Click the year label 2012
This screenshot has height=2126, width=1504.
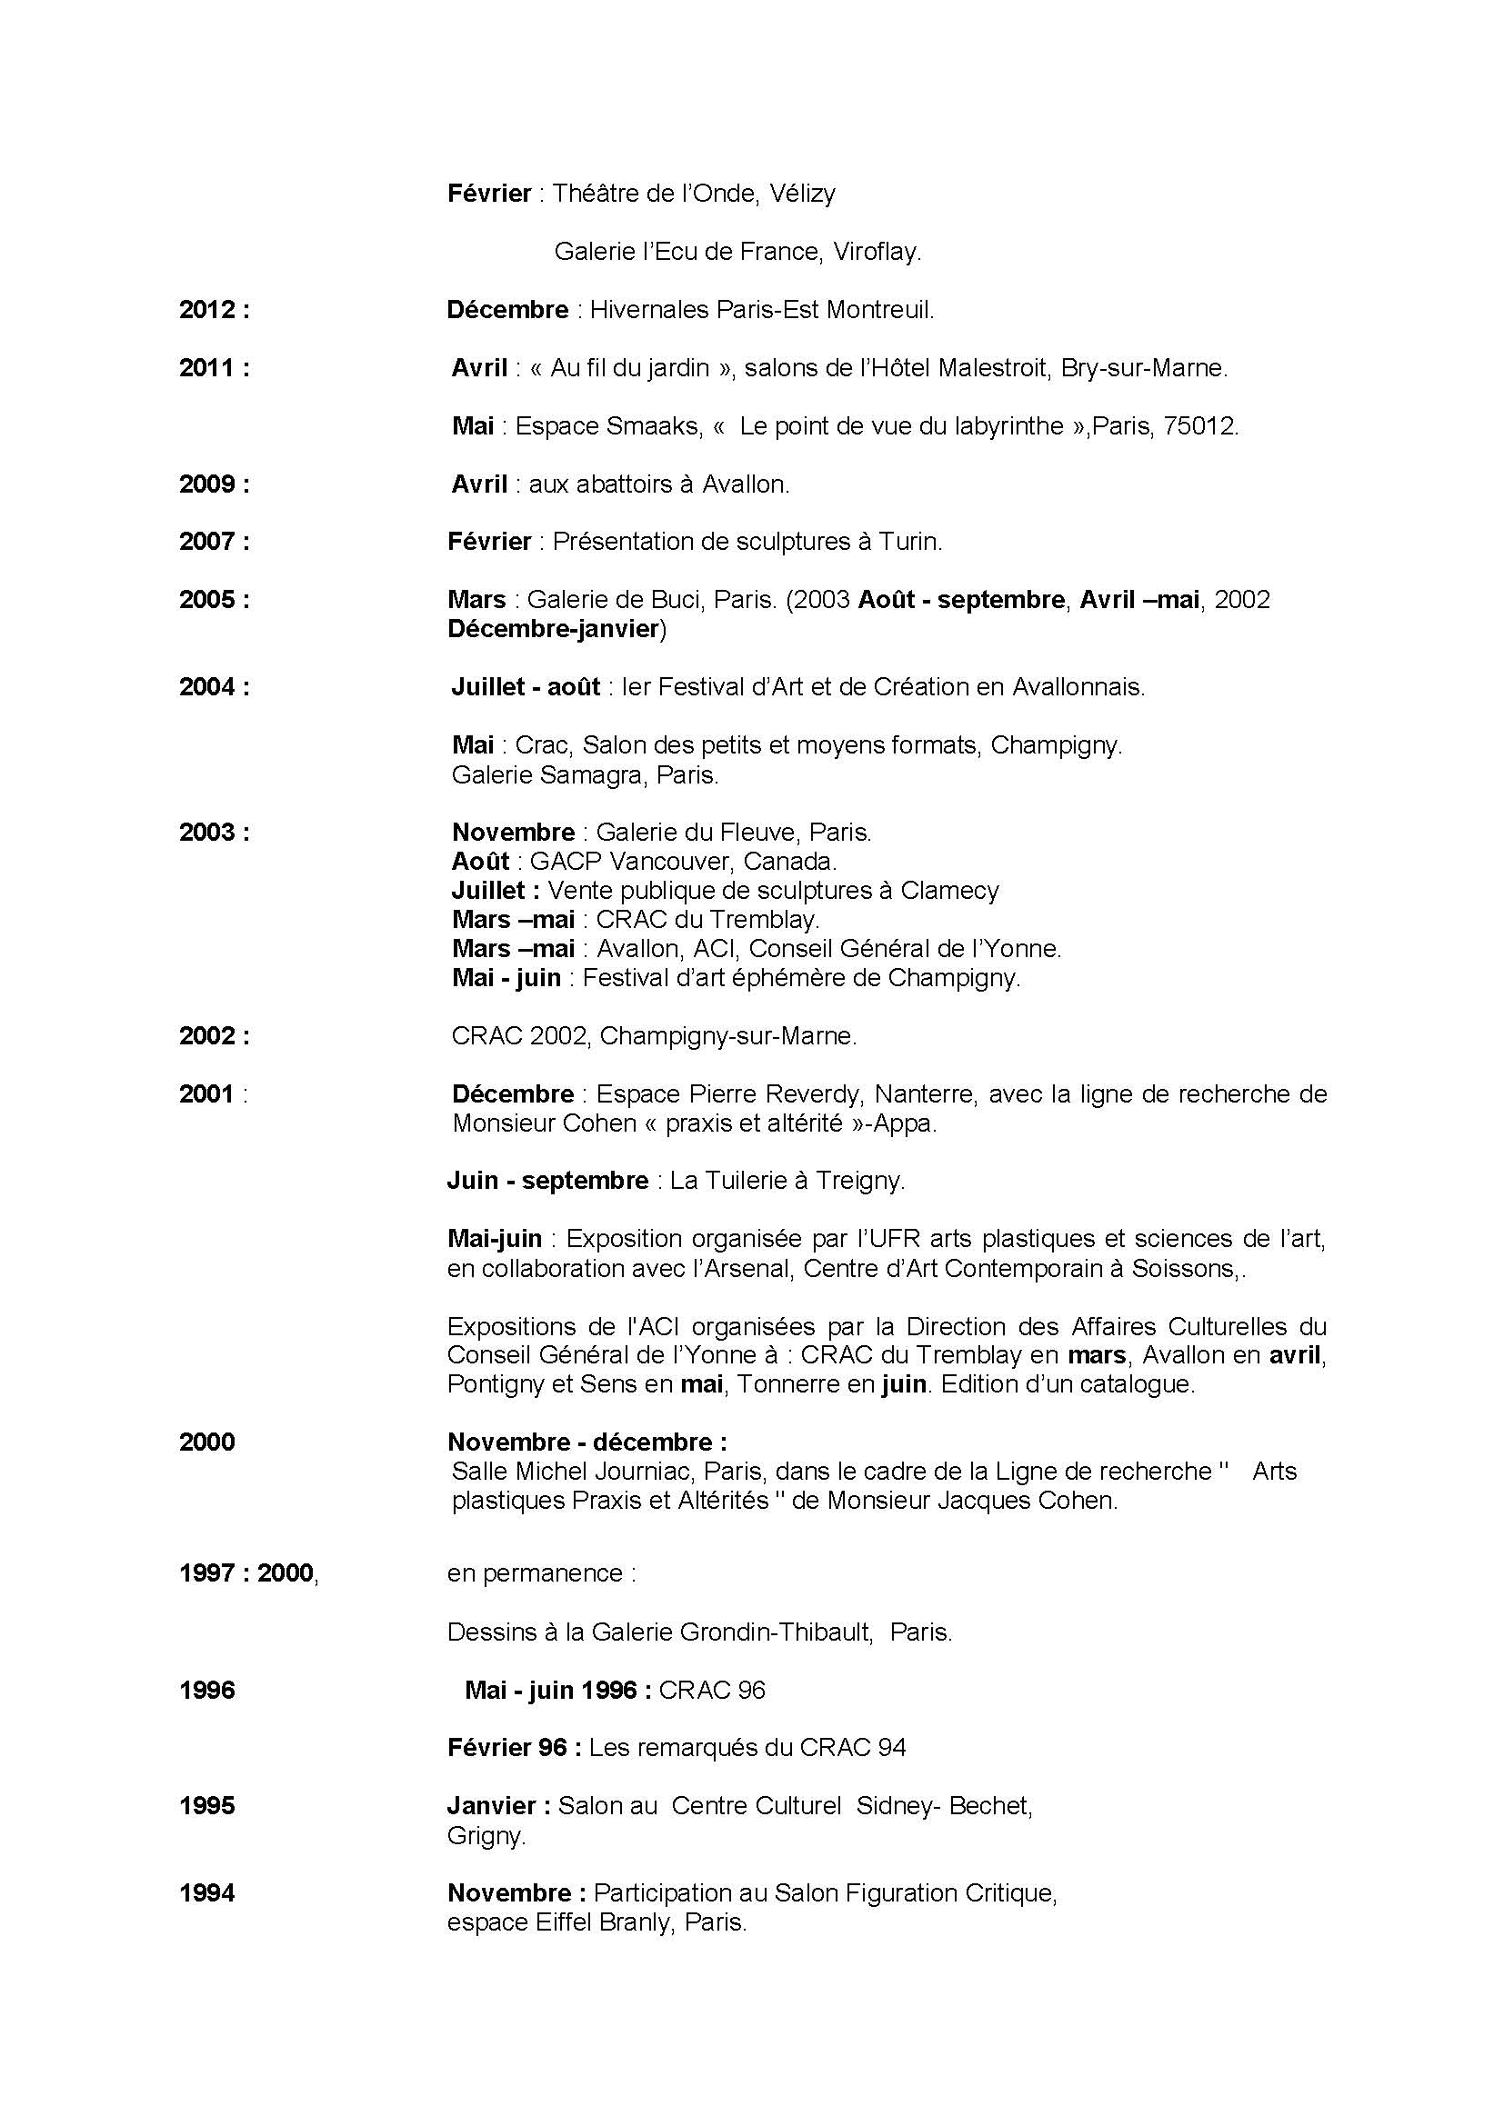tap(208, 310)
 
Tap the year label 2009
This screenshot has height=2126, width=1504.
tap(208, 484)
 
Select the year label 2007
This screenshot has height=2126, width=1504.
tap(208, 542)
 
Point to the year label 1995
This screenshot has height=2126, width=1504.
tap(206, 1806)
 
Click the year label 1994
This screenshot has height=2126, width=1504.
tap(206, 1892)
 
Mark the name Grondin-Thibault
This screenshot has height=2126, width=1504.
tap(775, 1632)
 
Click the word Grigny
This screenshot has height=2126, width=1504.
tap(486, 1835)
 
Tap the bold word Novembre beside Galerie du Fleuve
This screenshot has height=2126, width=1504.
tap(513, 833)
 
